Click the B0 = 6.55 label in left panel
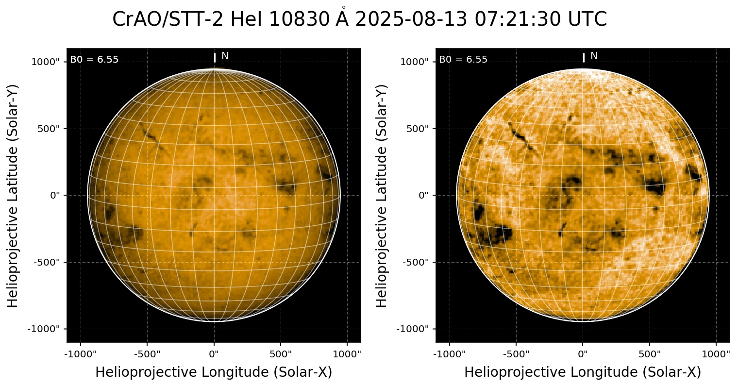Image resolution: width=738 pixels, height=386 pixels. (94, 60)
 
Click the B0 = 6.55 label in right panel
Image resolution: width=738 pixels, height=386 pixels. (463, 60)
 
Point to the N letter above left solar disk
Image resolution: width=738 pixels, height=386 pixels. (225, 56)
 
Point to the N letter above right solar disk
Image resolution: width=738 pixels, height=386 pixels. (594, 56)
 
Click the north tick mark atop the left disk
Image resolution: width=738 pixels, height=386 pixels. (215, 58)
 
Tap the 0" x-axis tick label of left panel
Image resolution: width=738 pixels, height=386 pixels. (214, 353)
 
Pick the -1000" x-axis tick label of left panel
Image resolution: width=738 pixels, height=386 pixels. (81, 353)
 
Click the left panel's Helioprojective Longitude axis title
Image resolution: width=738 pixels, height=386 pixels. (214, 372)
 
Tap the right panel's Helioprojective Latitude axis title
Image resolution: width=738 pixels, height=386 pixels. (383, 195)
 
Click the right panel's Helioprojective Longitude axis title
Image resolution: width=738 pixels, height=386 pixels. (583, 372)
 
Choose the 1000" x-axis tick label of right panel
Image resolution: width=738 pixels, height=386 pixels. (717, 353)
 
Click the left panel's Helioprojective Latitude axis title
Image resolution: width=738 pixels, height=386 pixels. (14, 195)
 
